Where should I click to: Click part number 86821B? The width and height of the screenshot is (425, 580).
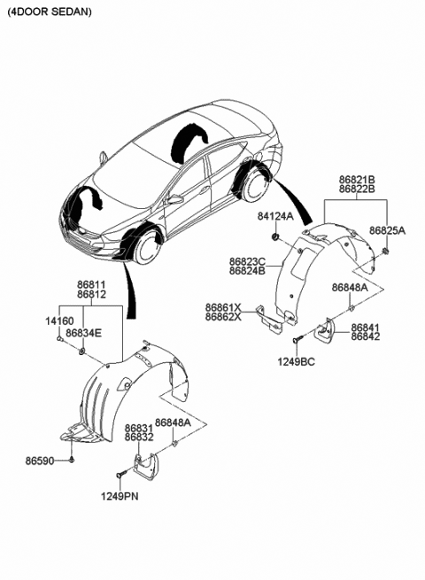point(356,178)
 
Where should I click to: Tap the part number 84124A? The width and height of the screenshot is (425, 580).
point(276,216)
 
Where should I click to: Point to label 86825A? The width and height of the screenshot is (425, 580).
point(388,230)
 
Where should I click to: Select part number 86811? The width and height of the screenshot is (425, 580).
point(93,283)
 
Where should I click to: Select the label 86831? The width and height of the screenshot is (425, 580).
point(139,427)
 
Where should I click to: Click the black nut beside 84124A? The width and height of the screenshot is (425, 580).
point(276,236)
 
